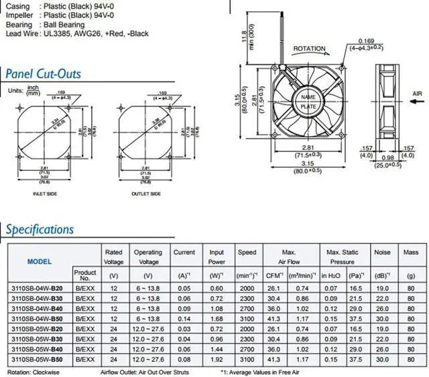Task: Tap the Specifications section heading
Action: (40, 230)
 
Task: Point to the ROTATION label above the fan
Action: (310, 49)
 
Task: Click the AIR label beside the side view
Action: (418, 94)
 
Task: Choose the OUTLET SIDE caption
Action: (145, 194)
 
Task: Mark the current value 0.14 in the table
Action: (184, 319)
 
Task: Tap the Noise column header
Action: (381, 252)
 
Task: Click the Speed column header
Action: (247, 252)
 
